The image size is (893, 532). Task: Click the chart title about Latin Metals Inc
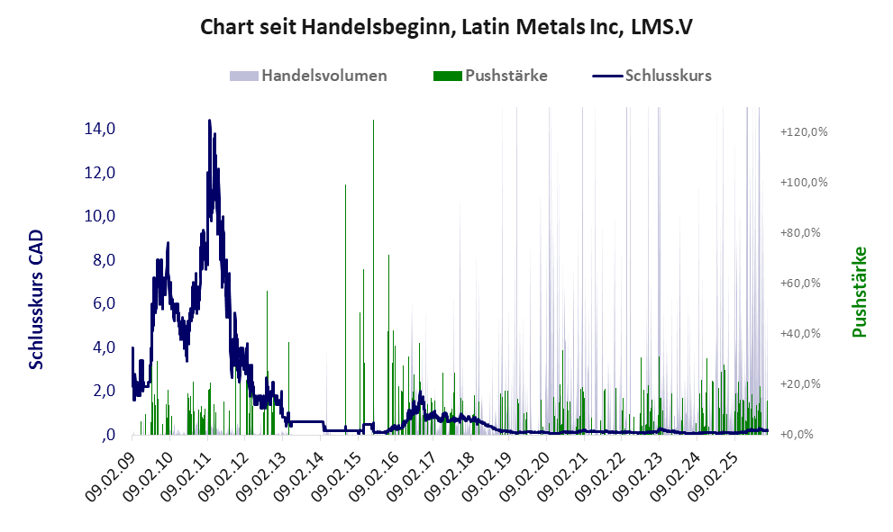[x=446, y=28]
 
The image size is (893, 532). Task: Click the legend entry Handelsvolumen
[x=323, y=76]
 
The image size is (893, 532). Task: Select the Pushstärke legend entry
[x=506, y=76]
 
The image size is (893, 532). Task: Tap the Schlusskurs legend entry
[x=668, y=76]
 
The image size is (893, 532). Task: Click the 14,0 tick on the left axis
[x=99, y=129]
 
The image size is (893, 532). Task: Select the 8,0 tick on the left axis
[x=99, y=260]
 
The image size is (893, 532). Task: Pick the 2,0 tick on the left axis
[x=99, y=392]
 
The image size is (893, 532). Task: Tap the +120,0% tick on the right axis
[x=804, y=132]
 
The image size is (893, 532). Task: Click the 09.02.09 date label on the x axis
[x=111, y=474]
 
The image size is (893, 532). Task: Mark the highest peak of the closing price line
[x=209, y=121]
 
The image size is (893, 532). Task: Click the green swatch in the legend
[x=448, y=76]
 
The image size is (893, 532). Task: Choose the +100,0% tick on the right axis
[x=804, y=183]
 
